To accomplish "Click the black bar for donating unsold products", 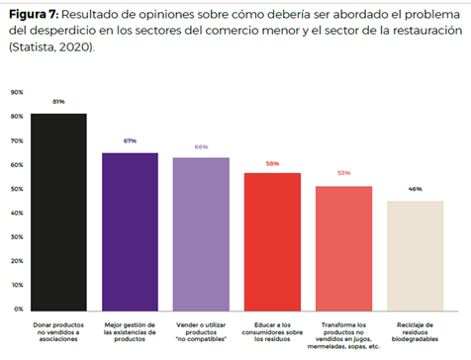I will tap(58, 212).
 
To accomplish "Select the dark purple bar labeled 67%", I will tap(130, 231).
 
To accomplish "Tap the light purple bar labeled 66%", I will tap(201, 233).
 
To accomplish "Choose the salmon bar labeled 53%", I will tap(343, 247).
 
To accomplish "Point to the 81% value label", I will tap(58, 101).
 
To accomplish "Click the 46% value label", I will tap(415, 188).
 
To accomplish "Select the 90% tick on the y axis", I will tap(17, 92).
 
